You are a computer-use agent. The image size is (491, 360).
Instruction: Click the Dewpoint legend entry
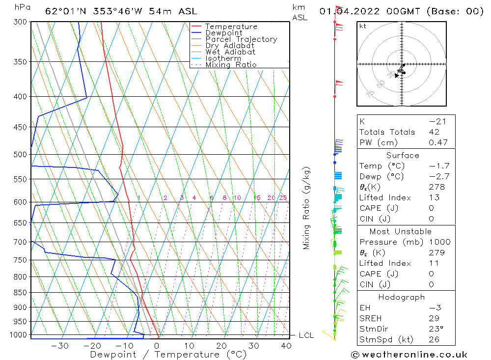click(223, 33)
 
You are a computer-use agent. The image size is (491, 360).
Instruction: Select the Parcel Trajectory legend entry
click(241, 39)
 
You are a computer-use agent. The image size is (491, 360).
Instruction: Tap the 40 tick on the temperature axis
click(286, 346)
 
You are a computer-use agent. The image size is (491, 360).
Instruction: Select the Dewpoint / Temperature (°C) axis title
click(168, 355)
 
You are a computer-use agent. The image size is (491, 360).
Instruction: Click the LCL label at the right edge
click(306, 335)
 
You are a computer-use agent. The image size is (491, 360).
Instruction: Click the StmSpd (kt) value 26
click(434, 339)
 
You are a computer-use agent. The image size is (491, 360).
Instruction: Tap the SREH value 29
click(434, 319)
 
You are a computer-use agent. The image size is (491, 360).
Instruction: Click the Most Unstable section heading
click(401, 231)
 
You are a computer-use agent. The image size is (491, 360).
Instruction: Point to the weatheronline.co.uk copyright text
click(409, 355)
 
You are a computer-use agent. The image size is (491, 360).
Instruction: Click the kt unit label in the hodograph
click(363, 26)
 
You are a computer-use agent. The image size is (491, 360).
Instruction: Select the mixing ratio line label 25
click(283, 198)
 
